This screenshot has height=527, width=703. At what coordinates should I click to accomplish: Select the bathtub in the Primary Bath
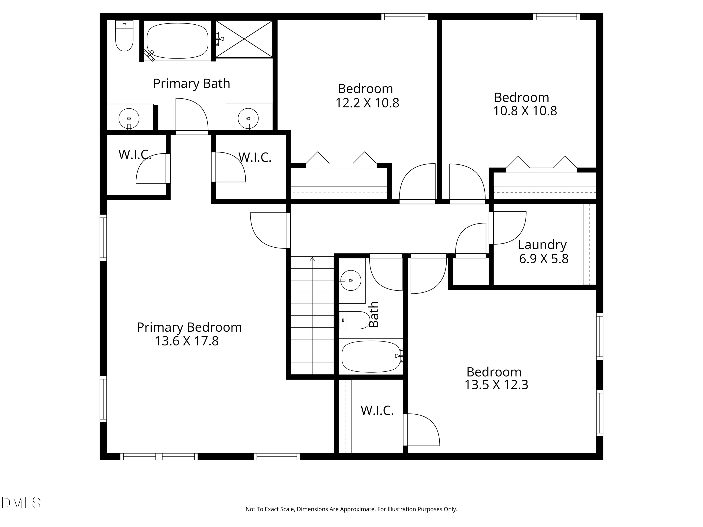[x=177, y=41]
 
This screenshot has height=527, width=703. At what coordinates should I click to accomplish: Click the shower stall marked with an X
[x=244, y=39]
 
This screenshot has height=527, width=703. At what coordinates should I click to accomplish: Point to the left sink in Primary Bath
[x=129, y=119]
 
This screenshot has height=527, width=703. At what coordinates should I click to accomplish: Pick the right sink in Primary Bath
[x=248, y=119]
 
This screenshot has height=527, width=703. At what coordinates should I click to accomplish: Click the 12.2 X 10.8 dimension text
[x=367, y=103]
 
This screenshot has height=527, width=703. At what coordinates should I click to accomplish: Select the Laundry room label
[x=542, y=245]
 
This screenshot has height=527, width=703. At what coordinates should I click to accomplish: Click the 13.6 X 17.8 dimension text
[x=187, y=341]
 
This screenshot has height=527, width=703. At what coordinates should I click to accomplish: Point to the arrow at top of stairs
[x=312, y=259]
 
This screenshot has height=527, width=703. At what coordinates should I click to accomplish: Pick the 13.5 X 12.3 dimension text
[x=496, y=385]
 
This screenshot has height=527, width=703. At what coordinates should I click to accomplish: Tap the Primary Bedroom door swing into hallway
[x=269, y=230]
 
